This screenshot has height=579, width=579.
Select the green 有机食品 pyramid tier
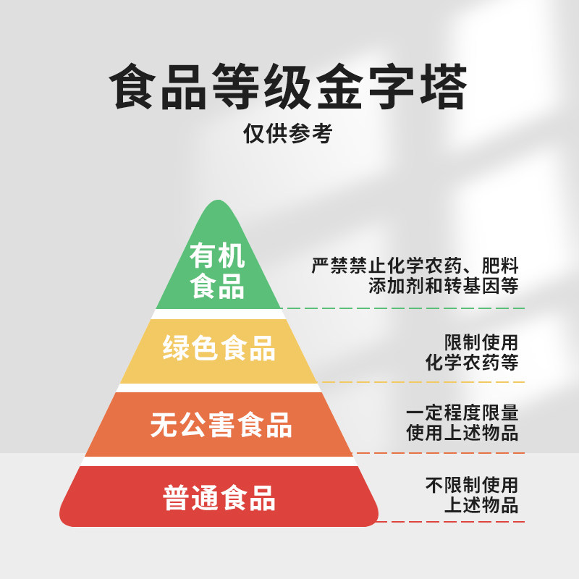click(x=217, y=271)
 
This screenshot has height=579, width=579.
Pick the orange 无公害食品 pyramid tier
click(x=220, y=425)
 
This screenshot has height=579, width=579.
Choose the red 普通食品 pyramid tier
click(x=219, y=498)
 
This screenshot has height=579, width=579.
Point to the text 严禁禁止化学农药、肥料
click(x=415, y=266)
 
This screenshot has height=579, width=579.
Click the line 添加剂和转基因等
click(x=443, y=285)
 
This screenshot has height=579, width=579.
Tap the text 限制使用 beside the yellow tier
click(x=481, y=342)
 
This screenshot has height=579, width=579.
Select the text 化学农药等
click(x=472, y=362)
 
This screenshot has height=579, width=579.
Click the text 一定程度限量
click(x=462, y=413)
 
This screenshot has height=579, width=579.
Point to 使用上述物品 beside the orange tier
click(x=462, y=433)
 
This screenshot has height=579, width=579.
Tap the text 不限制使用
click(x=472, y=485)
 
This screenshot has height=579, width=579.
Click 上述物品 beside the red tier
click(x=481, y=504)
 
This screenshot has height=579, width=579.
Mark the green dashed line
click(x=405, y=308)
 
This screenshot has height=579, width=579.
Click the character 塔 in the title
click(x=442, y=88)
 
